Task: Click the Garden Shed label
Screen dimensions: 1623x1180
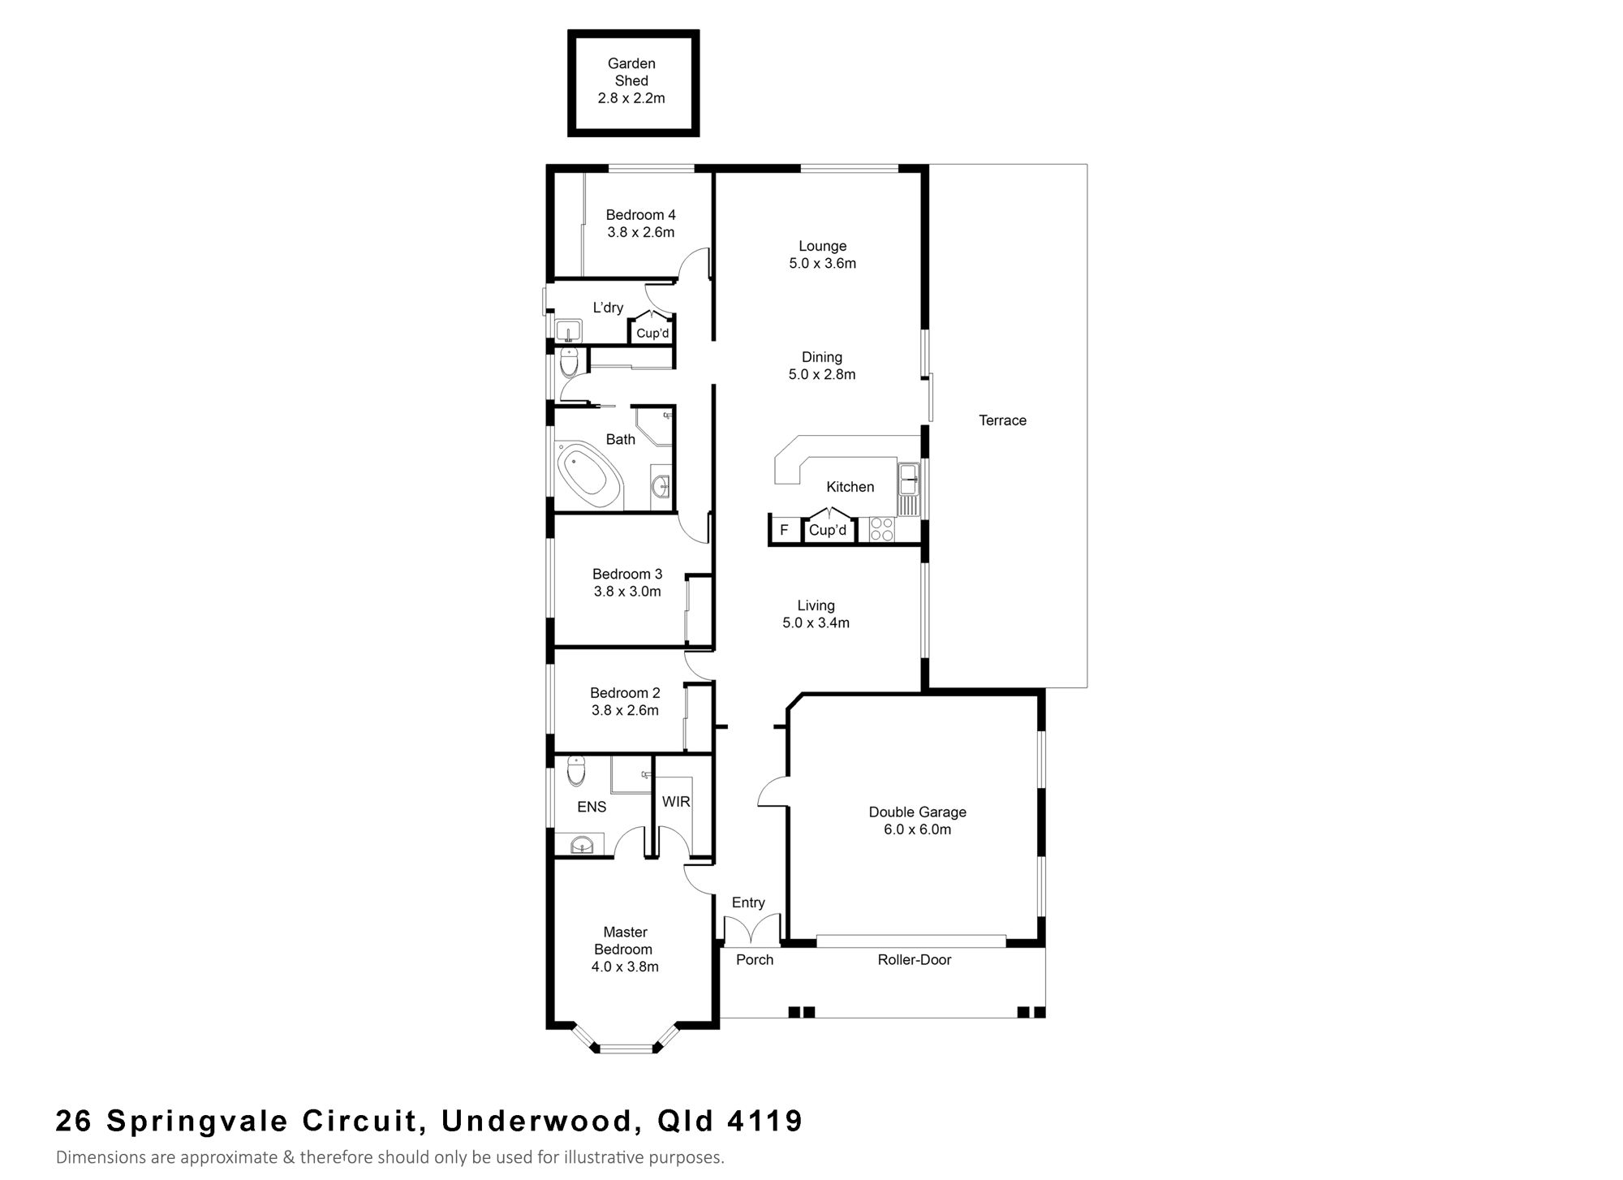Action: click(631, 72)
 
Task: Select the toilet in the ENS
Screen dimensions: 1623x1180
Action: click(575, 771)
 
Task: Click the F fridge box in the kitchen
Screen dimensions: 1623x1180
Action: click(784, 530)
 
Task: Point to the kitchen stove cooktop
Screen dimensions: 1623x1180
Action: click(882, 529)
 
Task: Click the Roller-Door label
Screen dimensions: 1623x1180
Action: click(914, 960)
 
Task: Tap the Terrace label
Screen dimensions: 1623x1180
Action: click(1002, 420)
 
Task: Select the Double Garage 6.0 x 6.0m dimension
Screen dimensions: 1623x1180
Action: click(918, 829)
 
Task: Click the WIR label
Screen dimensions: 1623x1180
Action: click(676, 802)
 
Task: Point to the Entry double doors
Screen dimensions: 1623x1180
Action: click(751, 930)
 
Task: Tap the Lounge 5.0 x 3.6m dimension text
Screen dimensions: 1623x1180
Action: click(822, 263)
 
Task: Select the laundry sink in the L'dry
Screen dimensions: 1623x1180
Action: click(569, 330)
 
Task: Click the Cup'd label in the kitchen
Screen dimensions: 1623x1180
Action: click(828, 530)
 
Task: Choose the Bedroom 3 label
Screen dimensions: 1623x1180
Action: click(627, 574)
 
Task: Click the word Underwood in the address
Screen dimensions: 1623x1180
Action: click(537, 1122)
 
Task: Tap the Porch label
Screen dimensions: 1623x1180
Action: click(755, 960)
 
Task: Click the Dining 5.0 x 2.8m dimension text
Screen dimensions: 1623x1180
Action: click(822, 374)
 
